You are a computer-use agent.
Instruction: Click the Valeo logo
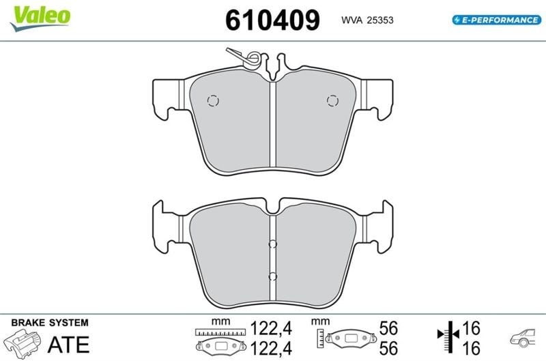coord(40,18)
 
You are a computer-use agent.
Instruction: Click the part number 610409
coord(272,20)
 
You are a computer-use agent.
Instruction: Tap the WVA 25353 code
coord(367,20)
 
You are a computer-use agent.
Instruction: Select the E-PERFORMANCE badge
coord(497,20)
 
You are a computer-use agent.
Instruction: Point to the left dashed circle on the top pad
coord(213,100)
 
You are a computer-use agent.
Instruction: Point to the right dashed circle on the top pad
coord(332,100)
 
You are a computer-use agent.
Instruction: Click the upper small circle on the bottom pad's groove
coord(272,244)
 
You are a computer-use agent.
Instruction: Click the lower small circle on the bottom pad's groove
coord(272,277)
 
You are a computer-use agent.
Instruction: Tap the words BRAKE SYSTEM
coord(50,323)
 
